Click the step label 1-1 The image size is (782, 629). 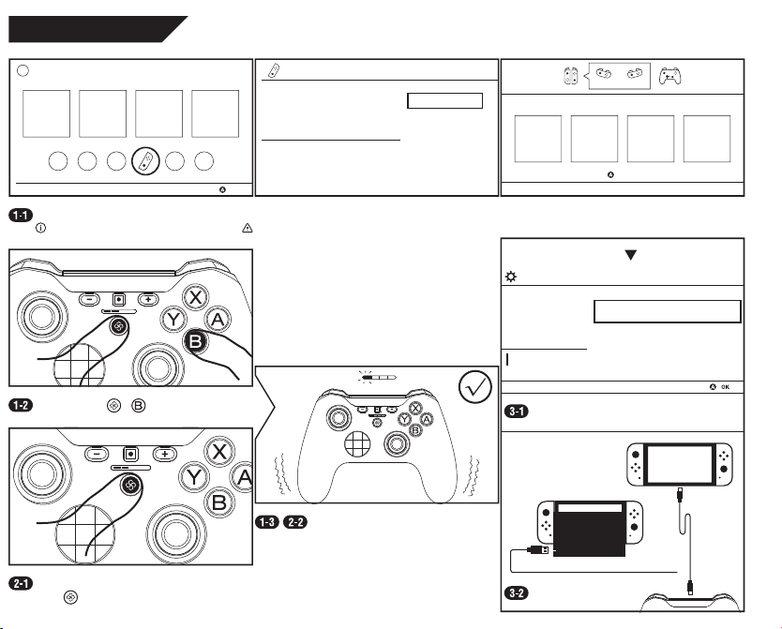coord(21,216)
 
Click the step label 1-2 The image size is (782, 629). coord(21,405)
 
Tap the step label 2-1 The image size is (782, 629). coord(21,583)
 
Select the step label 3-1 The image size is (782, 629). coord(517,412)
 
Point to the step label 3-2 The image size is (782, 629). coord(517,593)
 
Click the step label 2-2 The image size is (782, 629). coord(295,522)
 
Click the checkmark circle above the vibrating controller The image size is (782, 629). coord(474,387)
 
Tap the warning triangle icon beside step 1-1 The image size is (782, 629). coord(248,228)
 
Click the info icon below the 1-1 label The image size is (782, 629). coord(40,228)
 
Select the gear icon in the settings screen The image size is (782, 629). coord(511,277)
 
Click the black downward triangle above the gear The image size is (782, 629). coord(631,255)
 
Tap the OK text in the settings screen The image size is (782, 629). coord(725,387)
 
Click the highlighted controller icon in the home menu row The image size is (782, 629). coord(145,161)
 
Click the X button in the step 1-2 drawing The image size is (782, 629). coord(195,297)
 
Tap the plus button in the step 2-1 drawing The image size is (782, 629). coord(165,454)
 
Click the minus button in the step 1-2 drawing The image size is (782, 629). coord(89,300)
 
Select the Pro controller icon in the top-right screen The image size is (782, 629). coord(669,76)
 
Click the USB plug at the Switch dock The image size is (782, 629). coord(538,549)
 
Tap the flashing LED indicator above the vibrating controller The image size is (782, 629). coord(367,377)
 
